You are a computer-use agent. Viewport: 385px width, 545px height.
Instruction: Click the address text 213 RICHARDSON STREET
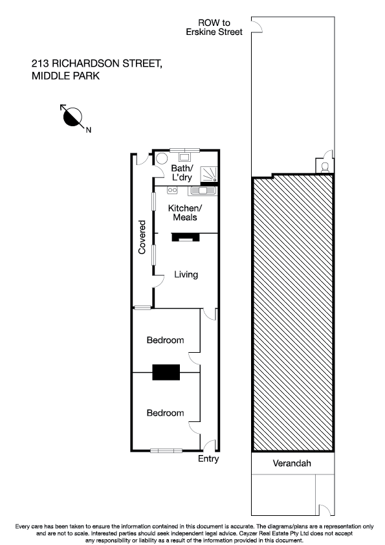(96, 63)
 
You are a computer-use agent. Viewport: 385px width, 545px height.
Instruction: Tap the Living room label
(186, 274)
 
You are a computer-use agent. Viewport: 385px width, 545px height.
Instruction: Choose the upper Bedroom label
(165, 340)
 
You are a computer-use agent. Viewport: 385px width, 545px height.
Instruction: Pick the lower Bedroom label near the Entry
(165, 413)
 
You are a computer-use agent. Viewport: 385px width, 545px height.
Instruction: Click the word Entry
(208, 459)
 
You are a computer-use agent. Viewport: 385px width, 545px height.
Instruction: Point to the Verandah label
(292, 463)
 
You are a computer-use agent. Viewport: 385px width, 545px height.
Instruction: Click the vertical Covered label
(142, 236)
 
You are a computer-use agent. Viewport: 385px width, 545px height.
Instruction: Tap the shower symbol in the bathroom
(210, 174)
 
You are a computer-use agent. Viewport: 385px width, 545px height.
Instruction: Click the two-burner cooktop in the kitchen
(172, 190)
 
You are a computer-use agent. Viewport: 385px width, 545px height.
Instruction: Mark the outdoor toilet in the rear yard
(325, 166)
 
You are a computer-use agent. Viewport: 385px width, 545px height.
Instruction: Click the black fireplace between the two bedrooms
(166, 372)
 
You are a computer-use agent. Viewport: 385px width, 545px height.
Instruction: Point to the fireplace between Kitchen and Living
(185, 238)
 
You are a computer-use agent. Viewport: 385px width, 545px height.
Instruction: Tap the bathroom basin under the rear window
(184, 156)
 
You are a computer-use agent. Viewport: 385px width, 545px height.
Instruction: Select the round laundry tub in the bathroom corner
(161, 158)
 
